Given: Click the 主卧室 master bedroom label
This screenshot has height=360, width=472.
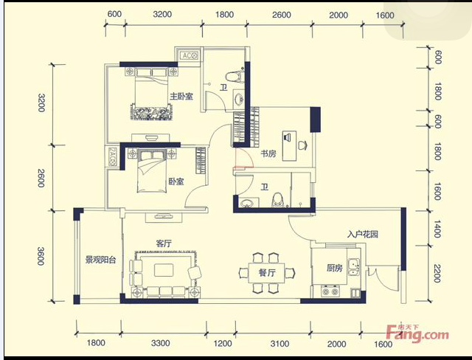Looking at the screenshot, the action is (x=181, y=97).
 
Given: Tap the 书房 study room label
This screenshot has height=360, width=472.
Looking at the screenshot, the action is (x=268, y=153).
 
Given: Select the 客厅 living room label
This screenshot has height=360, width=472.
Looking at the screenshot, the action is (x=164, y=243).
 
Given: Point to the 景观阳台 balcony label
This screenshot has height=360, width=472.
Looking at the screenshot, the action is (x=100, y=260).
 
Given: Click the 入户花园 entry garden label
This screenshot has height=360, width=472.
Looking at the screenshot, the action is (x=363, y=234).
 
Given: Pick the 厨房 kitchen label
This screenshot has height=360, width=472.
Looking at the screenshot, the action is (x=335, y=268).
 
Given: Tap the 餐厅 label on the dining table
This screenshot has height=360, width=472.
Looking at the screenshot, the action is (x=267, y=273).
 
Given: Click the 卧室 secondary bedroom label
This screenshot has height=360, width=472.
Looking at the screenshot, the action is (x=176, y=181).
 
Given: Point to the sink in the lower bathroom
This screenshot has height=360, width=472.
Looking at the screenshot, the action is (x=248, y=203).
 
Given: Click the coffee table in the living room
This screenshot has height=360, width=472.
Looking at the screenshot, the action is (x=164, y=270).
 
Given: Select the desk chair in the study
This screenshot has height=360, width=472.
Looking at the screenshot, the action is (x=303, y=145).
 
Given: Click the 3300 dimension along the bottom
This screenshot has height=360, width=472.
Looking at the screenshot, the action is (x=161, y=343).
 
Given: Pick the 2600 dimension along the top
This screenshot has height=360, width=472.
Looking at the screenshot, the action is (x=282, y=15).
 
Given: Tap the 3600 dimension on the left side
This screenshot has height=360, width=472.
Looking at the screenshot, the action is (x=41, y=256).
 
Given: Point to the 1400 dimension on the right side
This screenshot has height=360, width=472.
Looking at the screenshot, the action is (x=437, y=229).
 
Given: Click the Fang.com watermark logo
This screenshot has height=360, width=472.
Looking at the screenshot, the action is (x=418, y=333).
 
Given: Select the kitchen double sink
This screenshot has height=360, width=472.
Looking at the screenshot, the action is (x=354, y=267).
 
